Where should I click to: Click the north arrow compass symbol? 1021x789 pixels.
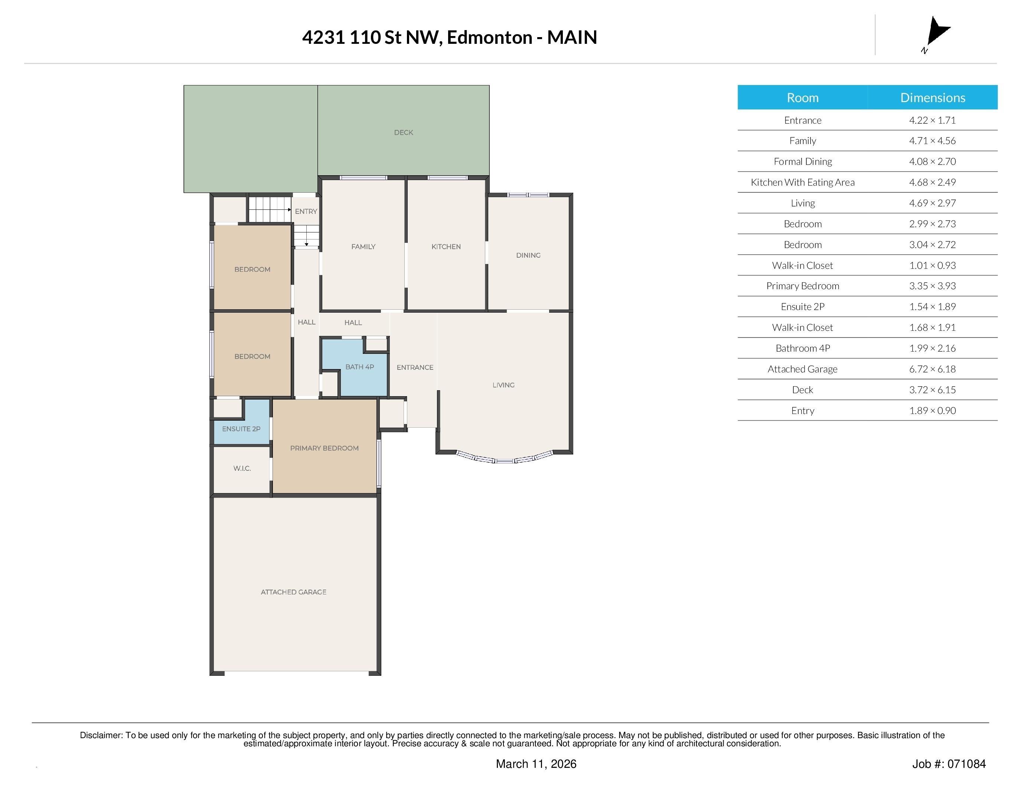pyautogui.click(x=936, y=34)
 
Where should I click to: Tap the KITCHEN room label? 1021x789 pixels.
pyautogui.click(x=446, y=247)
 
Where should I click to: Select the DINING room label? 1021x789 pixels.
pyautogui.click(x=528, y=255)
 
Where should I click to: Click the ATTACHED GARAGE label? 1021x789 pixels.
pyautogui.click(x=294, y=592)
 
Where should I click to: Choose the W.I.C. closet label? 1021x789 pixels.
pyautogui.click(x=242, y=468)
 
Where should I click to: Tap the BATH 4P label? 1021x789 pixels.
pyautogui.click(x=359, y=367)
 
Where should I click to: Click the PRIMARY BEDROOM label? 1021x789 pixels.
pyautogui.click(x=324, y=448)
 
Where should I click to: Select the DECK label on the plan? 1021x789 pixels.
pyautogui.click(x=404, y=133)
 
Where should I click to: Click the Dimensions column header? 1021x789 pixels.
pyautogui.click(x=933, y=98)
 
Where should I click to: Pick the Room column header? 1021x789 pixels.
pyautogui.click(x=803, y=98)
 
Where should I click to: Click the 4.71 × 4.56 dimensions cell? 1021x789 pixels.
pyautogui.click(x=933, y=141)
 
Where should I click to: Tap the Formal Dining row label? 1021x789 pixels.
pyautogui.click(x=803, y=162)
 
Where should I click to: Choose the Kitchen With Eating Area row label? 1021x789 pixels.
pyautogui.click(x=803, y=182)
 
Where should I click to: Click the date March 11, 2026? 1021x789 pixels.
pyautogui.click(x=536, y=764)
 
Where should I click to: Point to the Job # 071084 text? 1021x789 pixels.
pyautogui.click(x=949, y=764)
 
